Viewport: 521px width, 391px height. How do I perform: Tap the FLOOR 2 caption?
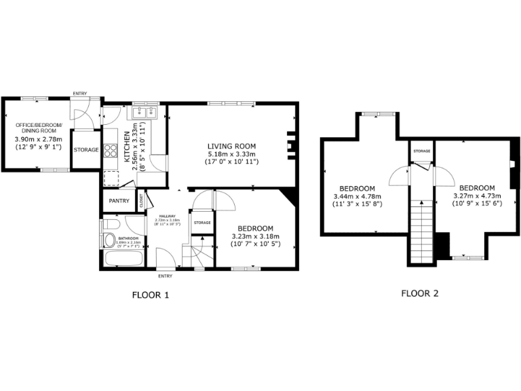click(x=419, y=293)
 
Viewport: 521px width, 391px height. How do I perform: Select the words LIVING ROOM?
click(x=231, y=145)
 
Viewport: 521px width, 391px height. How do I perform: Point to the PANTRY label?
click(x=119, y=201)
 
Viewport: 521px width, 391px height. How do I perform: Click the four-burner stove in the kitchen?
click(x=110, y=151)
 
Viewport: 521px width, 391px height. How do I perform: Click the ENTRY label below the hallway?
click(x=165, y=276)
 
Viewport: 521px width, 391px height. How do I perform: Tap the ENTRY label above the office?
click(x=80, y=93)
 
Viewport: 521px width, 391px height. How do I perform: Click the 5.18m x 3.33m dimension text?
click(x=231, y=154)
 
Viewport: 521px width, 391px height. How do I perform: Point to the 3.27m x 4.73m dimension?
click(x=476, y=196)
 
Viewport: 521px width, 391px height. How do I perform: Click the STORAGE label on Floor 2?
click(x=422, y=150)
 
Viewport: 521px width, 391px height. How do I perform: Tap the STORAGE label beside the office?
click(x=86, y=149)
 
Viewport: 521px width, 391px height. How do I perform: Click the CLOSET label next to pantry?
click(x=142, y=200)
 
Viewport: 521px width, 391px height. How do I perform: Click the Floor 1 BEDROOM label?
click(x=254, y=228)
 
